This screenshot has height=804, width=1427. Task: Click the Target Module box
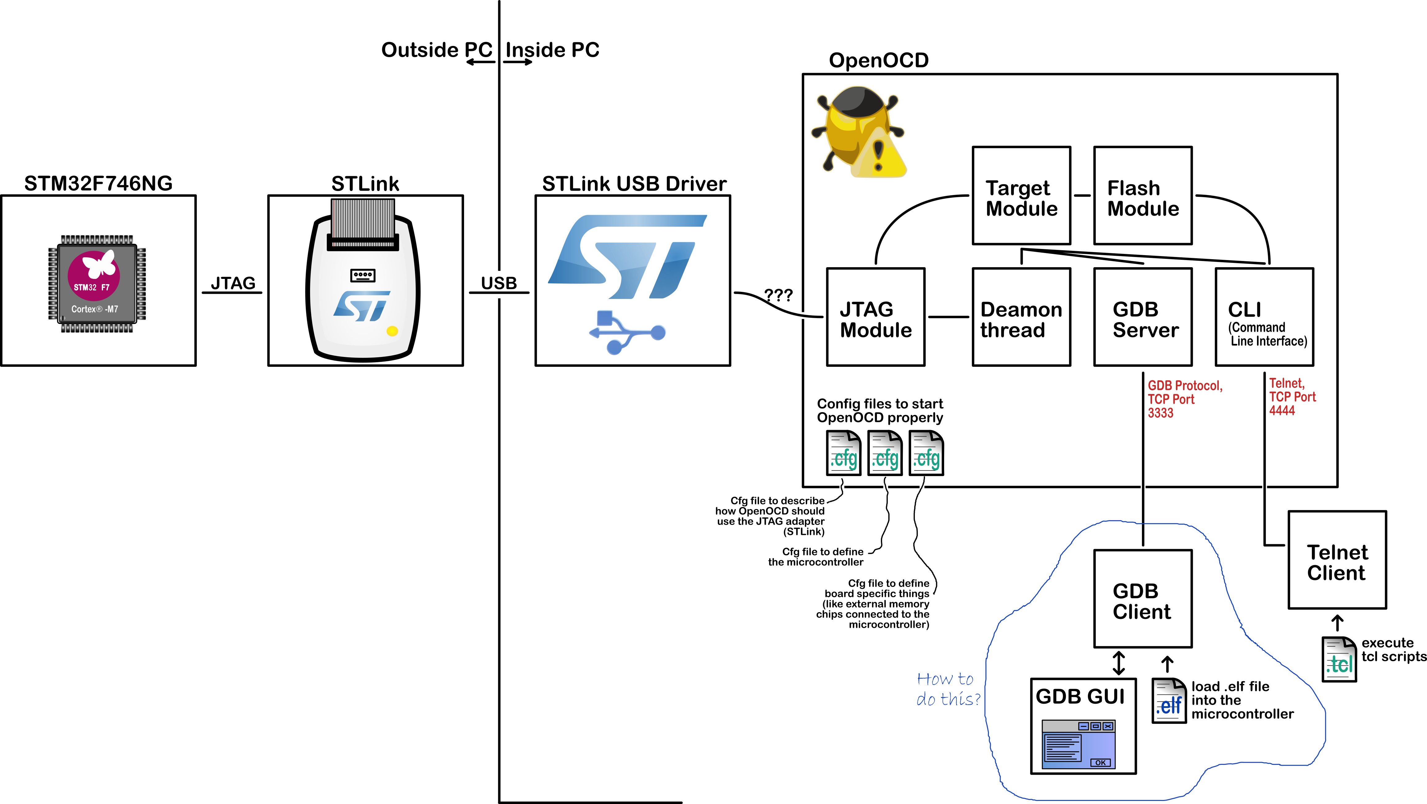coord(1022,196)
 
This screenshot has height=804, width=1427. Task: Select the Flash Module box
coord(1143,196)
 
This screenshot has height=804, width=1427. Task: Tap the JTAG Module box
coord(876,317)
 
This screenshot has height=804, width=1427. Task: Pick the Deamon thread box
coord(1022,317)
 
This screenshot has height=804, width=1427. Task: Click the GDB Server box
coord(1143,317)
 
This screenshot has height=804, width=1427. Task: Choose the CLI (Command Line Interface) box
coord(1264,317)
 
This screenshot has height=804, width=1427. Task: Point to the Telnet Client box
coord(1337,560)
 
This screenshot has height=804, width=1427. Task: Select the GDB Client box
coord(1143,599)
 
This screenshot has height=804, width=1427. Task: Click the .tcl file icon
coord(1339,659)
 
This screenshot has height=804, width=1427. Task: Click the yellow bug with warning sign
coord(859,132)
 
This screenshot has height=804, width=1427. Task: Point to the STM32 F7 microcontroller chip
coord(97,284)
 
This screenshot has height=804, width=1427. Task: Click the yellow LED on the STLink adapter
coord(392,331)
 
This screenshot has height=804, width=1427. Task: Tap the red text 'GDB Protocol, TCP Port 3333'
coord(1185,399)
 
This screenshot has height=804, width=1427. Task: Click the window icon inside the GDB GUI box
coord(1078,744)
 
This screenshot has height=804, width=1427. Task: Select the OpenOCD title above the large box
coord(879,60)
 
